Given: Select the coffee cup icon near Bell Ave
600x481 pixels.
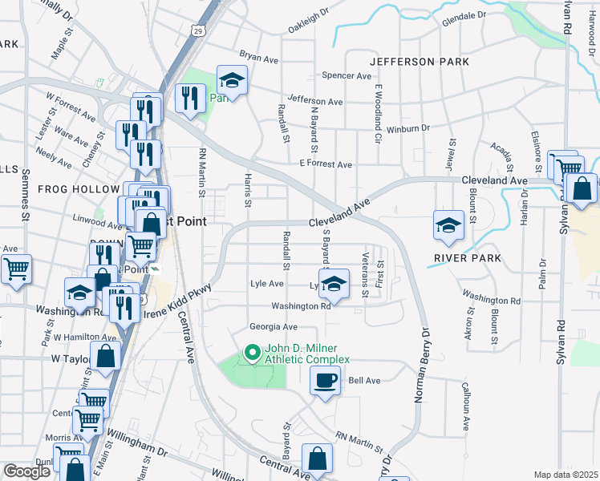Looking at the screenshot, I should click(325, 382).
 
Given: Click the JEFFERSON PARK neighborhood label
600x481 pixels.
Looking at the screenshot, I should click(414, 62).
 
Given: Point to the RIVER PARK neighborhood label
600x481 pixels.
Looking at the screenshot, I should click(467, 258).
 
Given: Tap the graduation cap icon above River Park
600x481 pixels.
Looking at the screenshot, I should click(448, 226).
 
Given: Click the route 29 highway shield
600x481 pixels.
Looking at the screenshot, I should click(197, 30).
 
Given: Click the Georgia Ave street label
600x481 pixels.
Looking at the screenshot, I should click(273, 326).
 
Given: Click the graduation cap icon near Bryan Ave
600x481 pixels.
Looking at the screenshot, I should click(232, 80).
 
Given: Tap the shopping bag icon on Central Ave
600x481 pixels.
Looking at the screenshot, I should click(318, 459).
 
